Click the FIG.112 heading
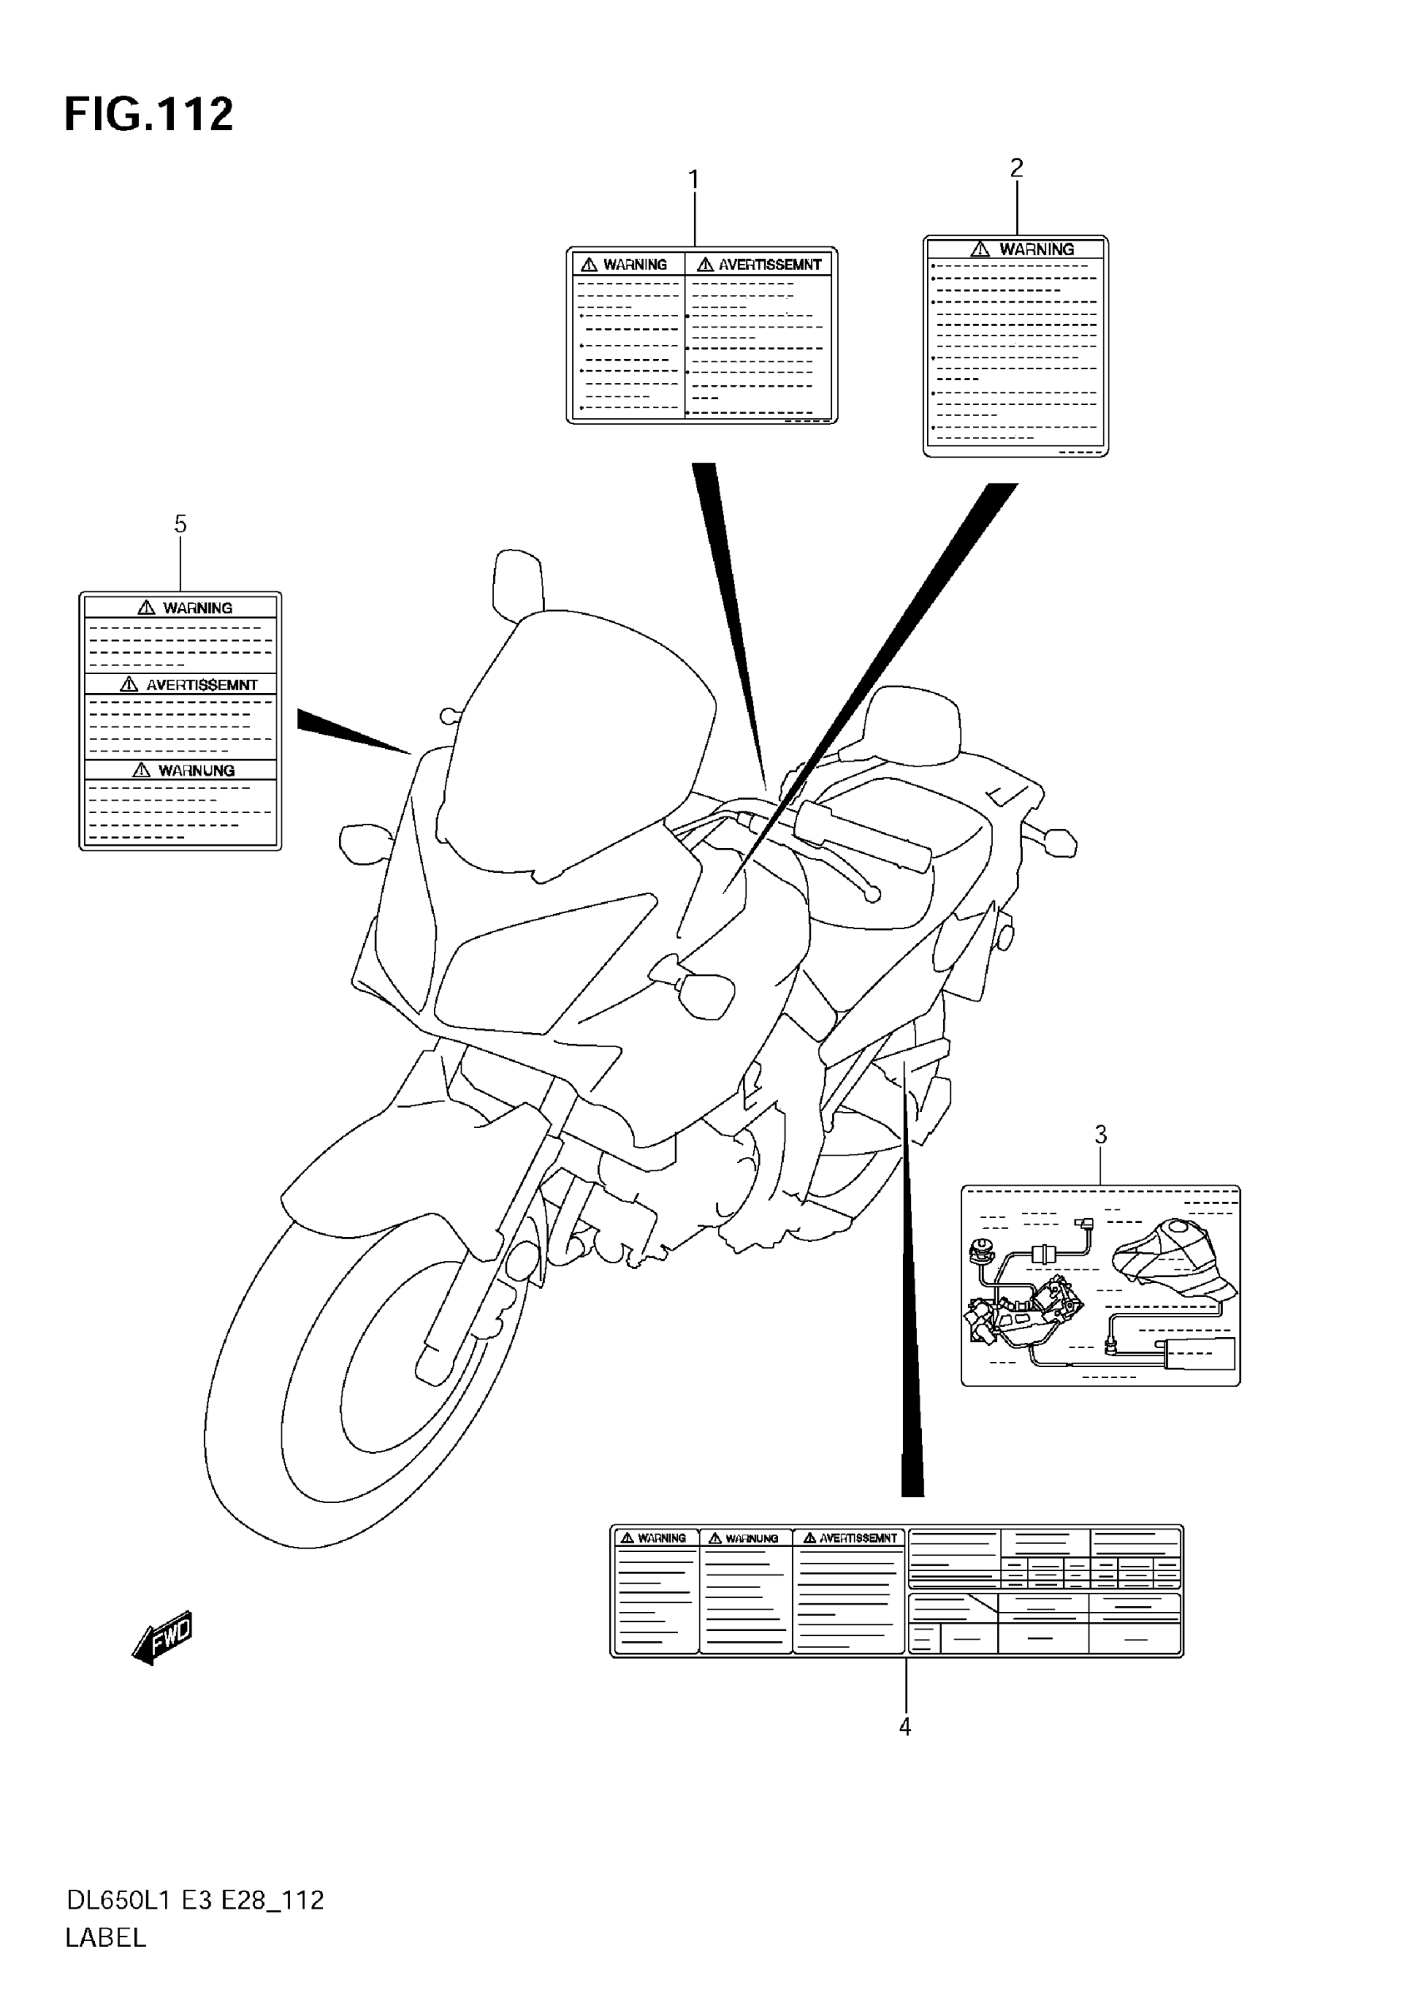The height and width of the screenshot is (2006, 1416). pos(148,115)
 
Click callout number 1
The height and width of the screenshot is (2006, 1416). pos(694,180)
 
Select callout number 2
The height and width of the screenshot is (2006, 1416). pos(1016,167)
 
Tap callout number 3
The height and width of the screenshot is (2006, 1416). pos(1100,1135)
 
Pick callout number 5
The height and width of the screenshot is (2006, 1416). pos(180,524)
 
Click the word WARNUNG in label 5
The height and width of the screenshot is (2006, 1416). pos(196,771)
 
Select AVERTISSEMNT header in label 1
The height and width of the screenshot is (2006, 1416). pos(769,265)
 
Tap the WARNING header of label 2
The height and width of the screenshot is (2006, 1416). pos(1036,250)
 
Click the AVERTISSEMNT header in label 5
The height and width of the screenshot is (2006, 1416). pos(201,685)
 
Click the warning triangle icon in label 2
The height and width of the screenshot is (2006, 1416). pos(981,250)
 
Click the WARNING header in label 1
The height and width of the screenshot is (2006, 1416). pos(634,265)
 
